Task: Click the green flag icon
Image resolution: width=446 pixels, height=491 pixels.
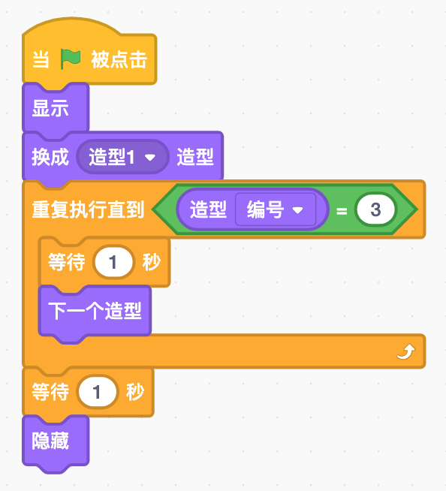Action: pyautogui.click(x=70, y=59)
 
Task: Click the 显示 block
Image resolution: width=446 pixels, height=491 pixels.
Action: pyautogui.click(x=50, y=108)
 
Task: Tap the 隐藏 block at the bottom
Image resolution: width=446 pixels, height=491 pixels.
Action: pyautogui.click(x=50, y=441)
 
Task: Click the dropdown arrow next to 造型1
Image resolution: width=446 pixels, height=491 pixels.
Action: pyautogui.click(x=149, y=158)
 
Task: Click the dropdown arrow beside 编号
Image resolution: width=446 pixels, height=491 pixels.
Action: pyautogui.click(x=297, y=211)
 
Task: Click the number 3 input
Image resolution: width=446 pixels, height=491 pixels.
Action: pyautogui.click(x=375, y=210)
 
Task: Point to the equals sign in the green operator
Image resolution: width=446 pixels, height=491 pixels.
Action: pyautogui.click(x=342, y=211)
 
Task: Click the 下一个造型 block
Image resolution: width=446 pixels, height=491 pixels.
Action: pyautogui.click(x=95, y=310)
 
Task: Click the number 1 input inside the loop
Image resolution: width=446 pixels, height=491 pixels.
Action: pyautogui.click(x=113, y=263)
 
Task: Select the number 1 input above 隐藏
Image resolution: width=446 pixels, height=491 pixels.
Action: pyautogui.click(x=98, y=391)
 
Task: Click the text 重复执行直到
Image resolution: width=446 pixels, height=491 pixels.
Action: pyautogui.click(x=88, y=210)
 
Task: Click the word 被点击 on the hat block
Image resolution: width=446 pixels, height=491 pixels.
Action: pyautogui.click(x=119, y=60)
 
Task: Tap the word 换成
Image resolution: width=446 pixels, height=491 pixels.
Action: pyautogui.click(x=50, y=158)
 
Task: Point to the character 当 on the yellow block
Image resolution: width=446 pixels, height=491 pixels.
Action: pyautogui.click(x=41, y=60)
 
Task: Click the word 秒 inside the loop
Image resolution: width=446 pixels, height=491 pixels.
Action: pyautogui.click(x=151, y=263)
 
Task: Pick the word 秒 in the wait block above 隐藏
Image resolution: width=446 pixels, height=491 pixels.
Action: pyautogui.click(x=135, y=391)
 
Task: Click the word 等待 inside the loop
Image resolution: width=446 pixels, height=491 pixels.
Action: pyautogui.click(x=67, y=263)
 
